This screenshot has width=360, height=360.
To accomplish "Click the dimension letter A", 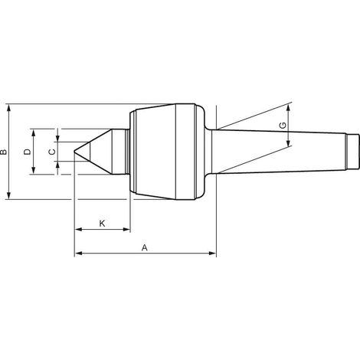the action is coord(145,247).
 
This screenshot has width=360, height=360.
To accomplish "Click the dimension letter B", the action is coord(4,152).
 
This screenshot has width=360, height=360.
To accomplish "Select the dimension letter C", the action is coord(52,152).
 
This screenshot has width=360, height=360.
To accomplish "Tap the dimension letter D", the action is coord(27,152).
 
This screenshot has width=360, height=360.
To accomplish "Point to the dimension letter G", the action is coord(283,126).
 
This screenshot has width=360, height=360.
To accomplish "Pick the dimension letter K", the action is coord(102,224).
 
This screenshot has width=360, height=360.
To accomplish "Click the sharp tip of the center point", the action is coord(74,152).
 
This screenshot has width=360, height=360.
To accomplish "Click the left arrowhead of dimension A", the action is coord(78,254).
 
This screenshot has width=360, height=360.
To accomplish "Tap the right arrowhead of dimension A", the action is coord(213,254).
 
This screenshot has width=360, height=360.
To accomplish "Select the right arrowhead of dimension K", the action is coord(127,229).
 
